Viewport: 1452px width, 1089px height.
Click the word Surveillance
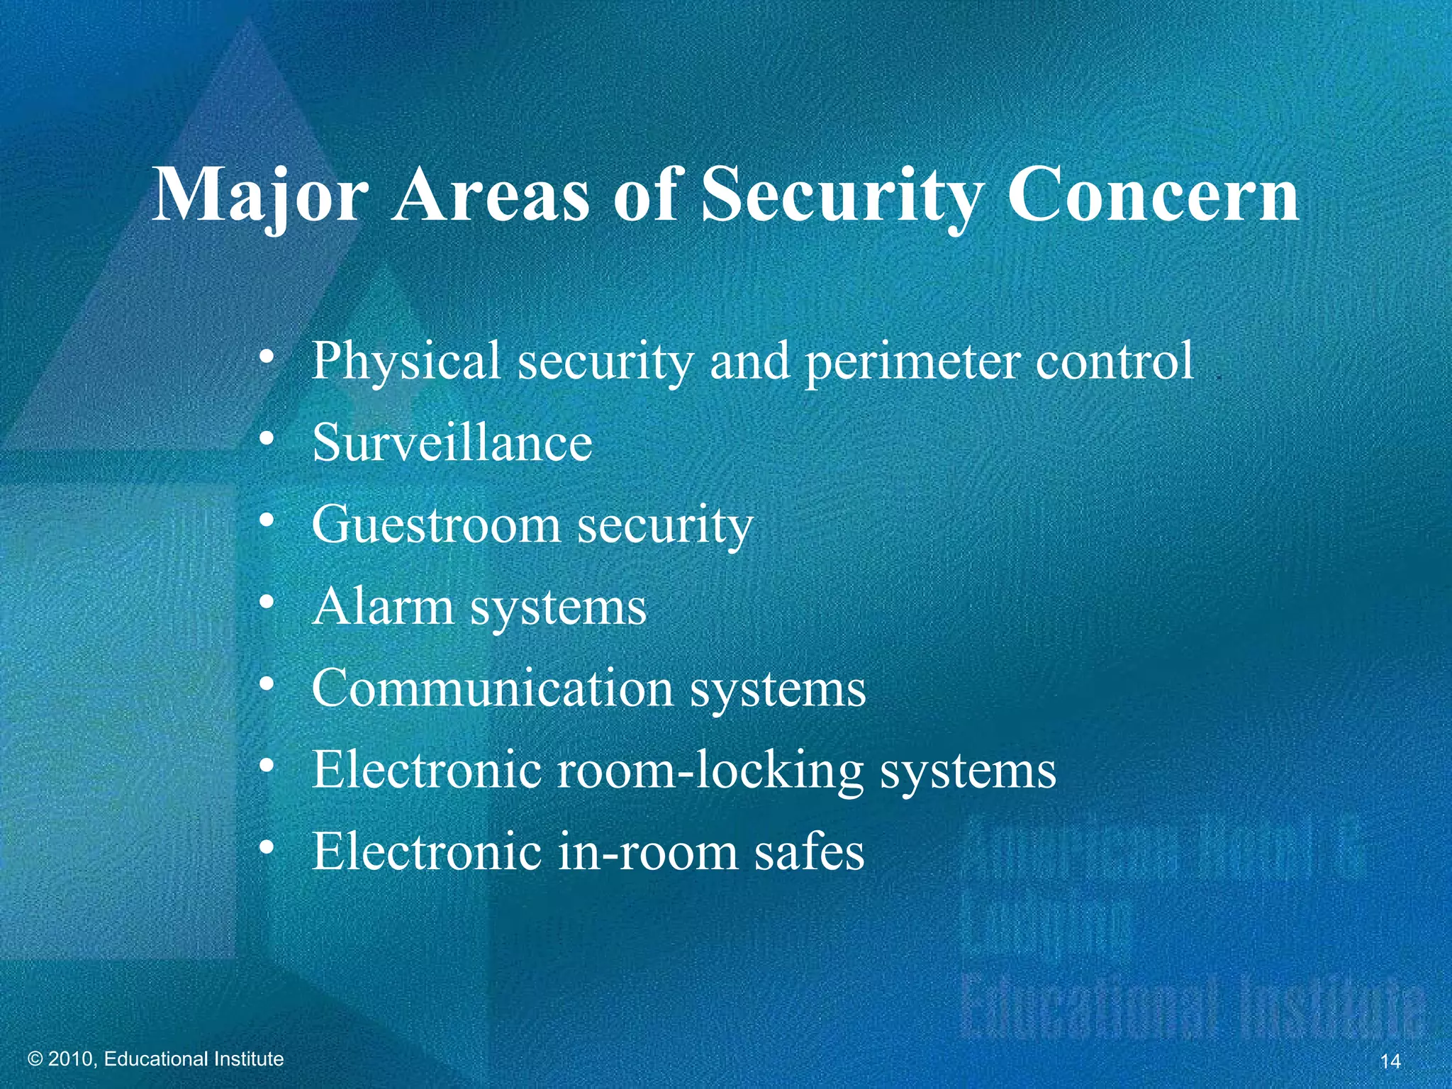coord(452,443)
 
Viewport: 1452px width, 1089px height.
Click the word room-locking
coord(709,770)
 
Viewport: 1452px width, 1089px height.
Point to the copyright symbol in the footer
coord(35,1059)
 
